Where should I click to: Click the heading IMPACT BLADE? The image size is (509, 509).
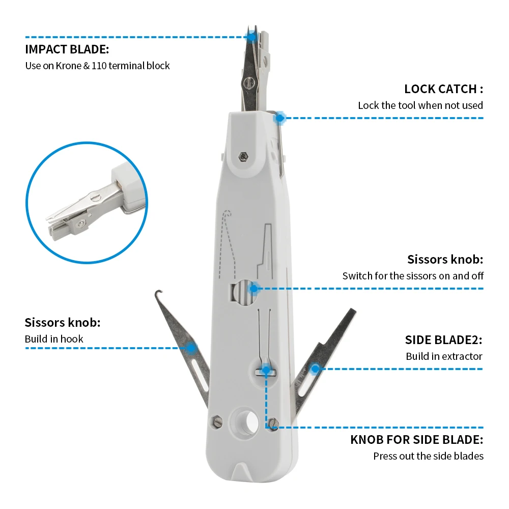(x=67, y=50)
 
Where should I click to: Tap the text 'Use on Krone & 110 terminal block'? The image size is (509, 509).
(x=97, y=66)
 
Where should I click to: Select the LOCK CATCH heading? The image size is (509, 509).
(x=443, y=89)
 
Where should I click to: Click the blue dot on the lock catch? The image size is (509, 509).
(x=279, y=118)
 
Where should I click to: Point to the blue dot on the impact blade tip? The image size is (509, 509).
(x=251, y=36)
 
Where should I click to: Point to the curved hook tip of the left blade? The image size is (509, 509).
(x=159, y=294)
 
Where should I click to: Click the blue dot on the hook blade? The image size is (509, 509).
(x=191, y=348)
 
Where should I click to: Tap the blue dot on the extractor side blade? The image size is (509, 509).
(x=315, y=368)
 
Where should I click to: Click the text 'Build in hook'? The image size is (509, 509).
(x=54, y=339)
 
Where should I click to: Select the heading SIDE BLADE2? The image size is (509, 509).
(x=443, y=340)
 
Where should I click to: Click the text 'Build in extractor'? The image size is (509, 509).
(x=444, y=356)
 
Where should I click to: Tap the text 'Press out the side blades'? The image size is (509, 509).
(x=428, y=456)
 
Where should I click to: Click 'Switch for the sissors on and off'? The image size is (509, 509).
(x=413, y=276)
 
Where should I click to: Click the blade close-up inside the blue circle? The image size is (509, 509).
(x=87, y=209)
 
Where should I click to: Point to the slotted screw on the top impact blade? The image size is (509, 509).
(x=249, y=82)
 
